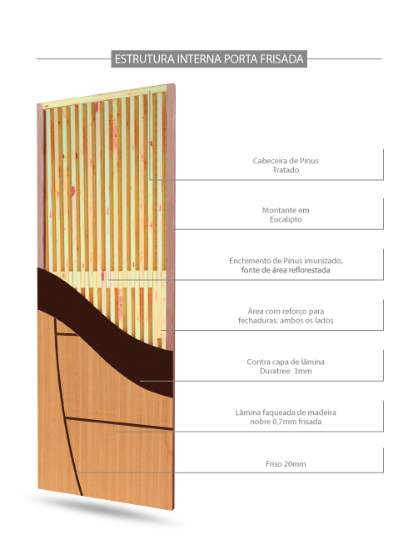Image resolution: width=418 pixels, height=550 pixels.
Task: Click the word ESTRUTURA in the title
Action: tap(144, 59)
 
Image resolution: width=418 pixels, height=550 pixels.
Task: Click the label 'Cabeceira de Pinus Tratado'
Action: tap(286, 165)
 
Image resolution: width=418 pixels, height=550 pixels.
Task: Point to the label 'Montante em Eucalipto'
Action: tap(286, 215)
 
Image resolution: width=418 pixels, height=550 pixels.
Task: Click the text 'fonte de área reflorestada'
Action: tap(286, 270)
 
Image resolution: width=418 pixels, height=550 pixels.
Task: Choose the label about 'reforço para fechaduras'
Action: tap(286, 316)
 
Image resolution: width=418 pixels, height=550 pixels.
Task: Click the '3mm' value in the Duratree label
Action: tap(303, 371)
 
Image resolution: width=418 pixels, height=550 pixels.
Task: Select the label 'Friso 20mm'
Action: tap(286, 463)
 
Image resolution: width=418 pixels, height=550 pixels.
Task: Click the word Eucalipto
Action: tap(286, 219)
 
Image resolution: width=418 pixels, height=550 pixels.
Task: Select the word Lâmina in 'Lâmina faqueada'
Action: tap(246, 412)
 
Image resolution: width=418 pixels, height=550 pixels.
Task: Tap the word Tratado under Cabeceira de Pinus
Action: tap(286, 170)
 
